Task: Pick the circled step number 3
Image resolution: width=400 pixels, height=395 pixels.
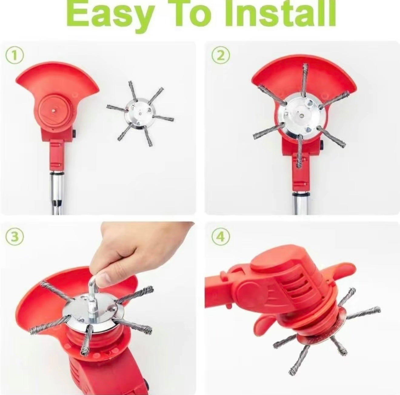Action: tap(15, 237)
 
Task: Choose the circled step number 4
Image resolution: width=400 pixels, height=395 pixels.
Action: tap(221, 237)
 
